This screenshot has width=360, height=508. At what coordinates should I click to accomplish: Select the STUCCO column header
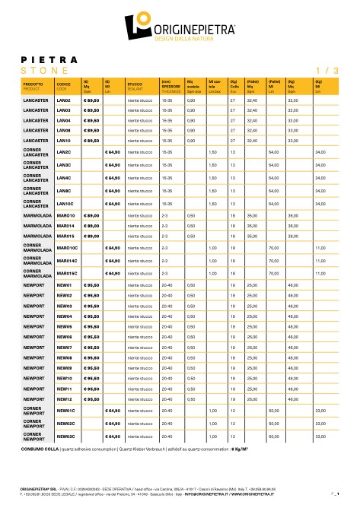pyautogui.click(x=135, y=86)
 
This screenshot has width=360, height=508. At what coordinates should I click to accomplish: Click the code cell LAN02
pyautogui.click(x=64, y=100)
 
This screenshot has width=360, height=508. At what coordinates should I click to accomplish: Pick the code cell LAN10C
pyautogui.click(x=65, y=205)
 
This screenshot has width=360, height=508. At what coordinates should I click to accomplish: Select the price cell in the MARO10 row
pyautogui.click(x=91, y=216)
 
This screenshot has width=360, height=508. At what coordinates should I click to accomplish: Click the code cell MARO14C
pyautogui.click(x=68, y=260)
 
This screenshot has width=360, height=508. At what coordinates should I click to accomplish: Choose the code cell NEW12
pyautogui.click(x=64, y=398)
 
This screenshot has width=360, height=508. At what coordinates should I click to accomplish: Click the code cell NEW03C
pyautogui.click(x=65, y=437)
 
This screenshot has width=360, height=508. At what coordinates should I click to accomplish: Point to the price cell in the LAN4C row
pyautogui.click(x=113, y=177)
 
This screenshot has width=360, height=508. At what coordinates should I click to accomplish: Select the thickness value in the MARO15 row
pyautogui.click(x=165, y=236)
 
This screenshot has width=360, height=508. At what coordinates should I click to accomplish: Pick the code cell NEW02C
pyautogui.click(x=65, y=424)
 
